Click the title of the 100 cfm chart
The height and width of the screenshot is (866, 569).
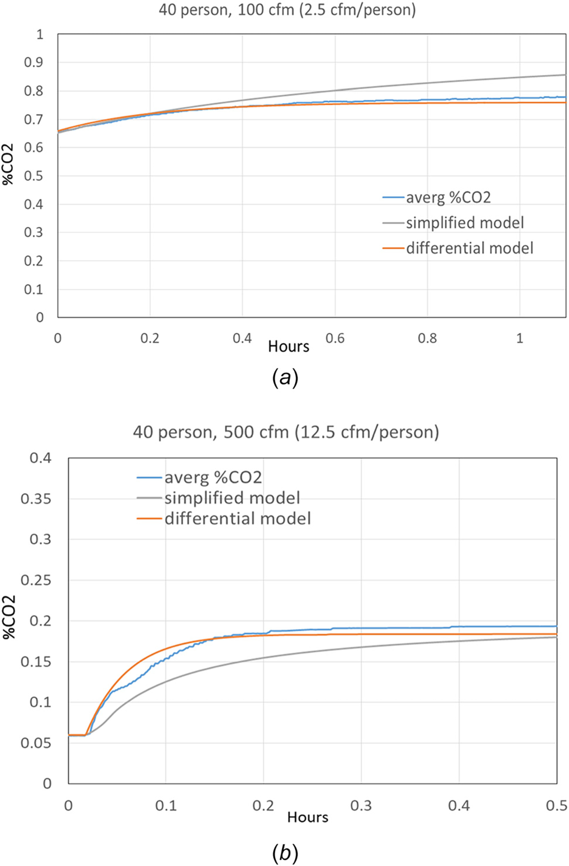point(287,9)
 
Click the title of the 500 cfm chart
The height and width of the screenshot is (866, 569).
point(286,432)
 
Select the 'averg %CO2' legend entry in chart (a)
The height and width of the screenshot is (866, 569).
point(448,197)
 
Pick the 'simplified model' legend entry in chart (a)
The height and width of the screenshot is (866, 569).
point(465,223)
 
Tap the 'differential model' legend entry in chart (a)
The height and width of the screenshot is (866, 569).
point(469,248)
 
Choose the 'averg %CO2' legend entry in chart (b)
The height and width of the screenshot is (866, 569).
point(213,477)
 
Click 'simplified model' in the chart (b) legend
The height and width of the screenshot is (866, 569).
point(232,498)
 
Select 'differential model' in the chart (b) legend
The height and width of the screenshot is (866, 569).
point(238,518)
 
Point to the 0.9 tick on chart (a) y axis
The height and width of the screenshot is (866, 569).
point(34,63)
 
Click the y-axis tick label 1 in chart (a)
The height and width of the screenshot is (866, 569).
point(40,34)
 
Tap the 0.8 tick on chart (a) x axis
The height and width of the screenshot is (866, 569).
point(427,338)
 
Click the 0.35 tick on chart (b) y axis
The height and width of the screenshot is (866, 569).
point(36,499)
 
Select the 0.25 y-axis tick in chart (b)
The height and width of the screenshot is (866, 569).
point(36,580)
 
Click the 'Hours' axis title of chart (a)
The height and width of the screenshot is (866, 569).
point(288,346)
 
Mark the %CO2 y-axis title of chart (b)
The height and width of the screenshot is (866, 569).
point(9,617)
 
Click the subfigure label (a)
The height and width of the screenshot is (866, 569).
point(285,378)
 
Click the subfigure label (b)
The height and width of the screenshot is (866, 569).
point(285,853)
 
